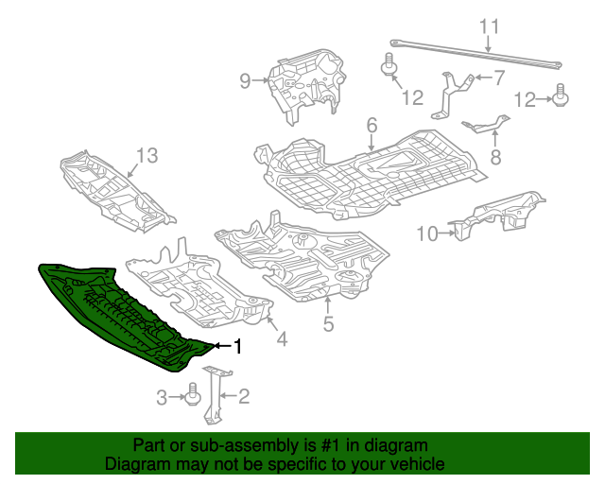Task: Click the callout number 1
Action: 238,348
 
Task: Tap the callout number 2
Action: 243,397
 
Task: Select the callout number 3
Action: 162,397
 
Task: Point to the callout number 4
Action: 282,338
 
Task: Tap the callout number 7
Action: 499,78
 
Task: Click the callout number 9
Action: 245,81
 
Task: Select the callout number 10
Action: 426,233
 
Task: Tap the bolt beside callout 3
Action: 193,394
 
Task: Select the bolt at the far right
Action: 562,96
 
